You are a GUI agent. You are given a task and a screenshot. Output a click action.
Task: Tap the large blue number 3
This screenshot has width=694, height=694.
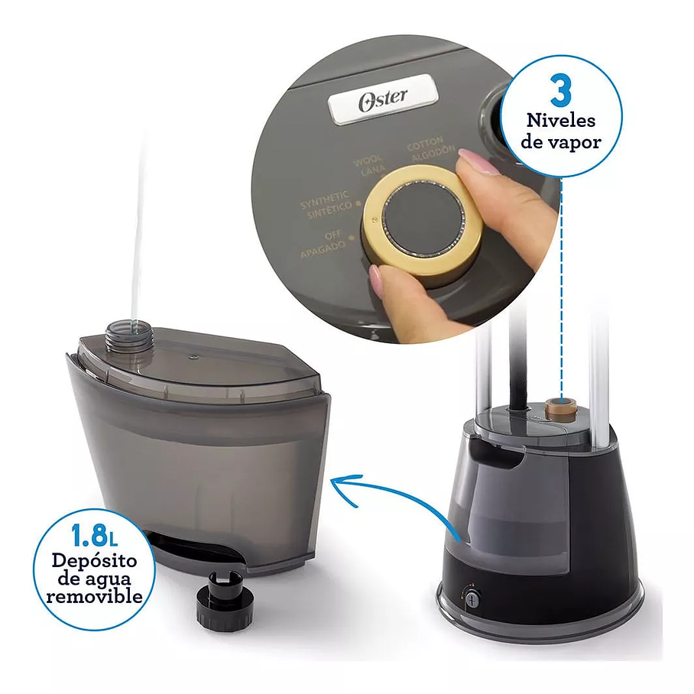(x=561, y=90)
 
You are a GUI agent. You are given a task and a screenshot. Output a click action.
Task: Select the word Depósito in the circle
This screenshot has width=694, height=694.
(x=95, y=560)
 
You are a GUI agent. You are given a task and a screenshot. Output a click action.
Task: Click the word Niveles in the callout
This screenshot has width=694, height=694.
(x=561, y=120)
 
